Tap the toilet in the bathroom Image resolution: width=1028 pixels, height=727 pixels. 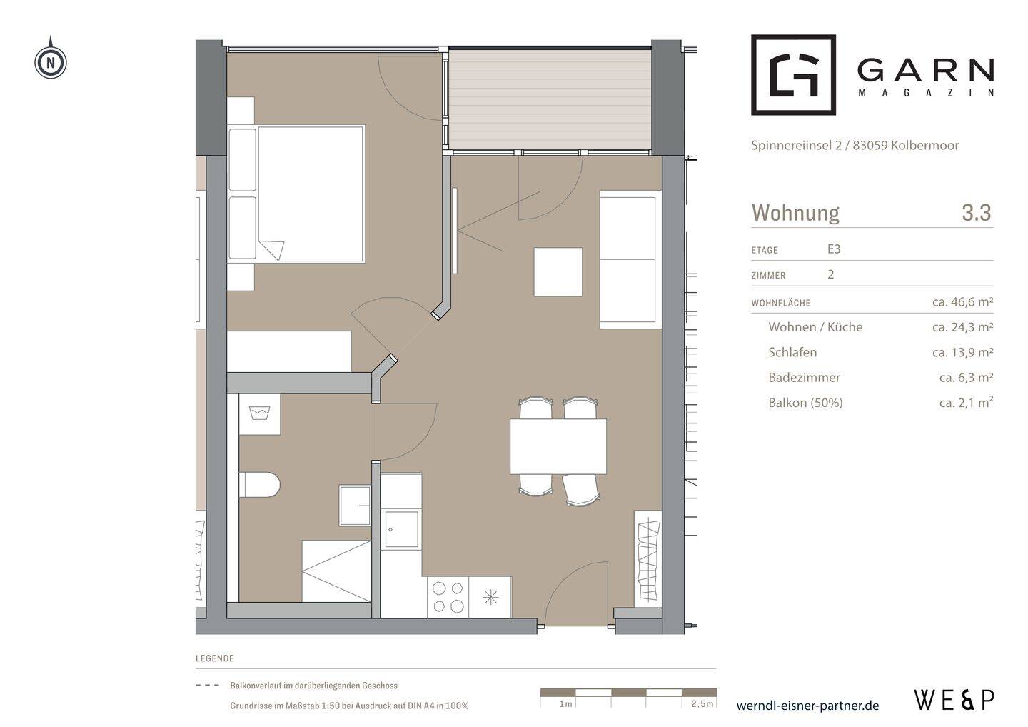tap(260, 484)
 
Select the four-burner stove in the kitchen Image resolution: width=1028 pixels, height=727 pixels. tap(448, 597)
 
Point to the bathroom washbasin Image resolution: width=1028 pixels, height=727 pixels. tap(355, 505)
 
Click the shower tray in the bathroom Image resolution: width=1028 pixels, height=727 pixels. tap(336, 571)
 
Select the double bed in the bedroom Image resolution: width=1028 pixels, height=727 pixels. tap(311, 194)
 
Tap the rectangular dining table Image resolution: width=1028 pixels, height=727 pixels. tap(558, 446)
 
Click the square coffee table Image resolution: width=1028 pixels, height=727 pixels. tap(558, 271)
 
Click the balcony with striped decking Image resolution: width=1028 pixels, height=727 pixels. tap(550, 99)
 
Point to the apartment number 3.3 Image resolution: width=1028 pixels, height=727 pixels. tap(977, 213)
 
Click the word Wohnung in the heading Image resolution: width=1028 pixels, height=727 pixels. tap(795, 213)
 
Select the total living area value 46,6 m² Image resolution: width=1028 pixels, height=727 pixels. tap(963, 301)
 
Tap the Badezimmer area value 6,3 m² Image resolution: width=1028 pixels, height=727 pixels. tap(966, 377)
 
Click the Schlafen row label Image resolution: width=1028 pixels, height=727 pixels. tap(792, 352)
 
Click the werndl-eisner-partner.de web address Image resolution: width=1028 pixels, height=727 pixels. tap(807, 706)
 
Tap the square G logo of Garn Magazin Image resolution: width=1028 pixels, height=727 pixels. tap(794, 74)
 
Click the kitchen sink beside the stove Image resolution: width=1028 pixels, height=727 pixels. tap(401, 529)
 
